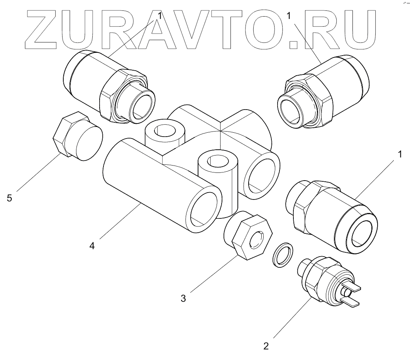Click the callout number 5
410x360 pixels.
pyautogui.click(x=10, y=198)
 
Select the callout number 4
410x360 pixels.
pyautogui.click(x=92, y=245)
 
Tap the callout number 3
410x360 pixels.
pyautogui.click(x=183, y=298)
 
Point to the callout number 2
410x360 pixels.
pyautogui.click(x=266, y=345)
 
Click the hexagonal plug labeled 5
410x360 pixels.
pyautogui.click(x=77, y=137)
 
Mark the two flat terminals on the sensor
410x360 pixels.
pyautogui.click(x=351, y=295)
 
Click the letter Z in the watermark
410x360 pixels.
pyautogui.click(x=42, y=29)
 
